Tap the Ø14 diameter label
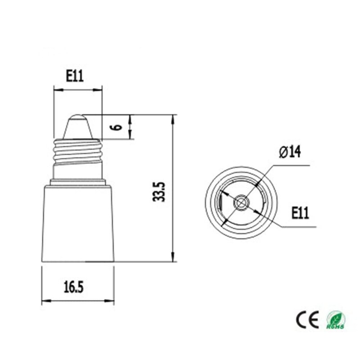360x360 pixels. [x=290, y=152]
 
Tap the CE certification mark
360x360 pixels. [x=307, y=319]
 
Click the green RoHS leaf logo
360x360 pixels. [x=336, y=319]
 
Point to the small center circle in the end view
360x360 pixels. [x=241, y=203]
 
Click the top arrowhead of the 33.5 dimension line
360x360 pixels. [x=173, y=117]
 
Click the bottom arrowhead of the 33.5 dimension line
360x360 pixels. [x=173, y=258]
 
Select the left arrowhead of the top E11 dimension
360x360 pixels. [x=56, y=90]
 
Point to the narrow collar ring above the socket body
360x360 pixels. [x=78, y=182]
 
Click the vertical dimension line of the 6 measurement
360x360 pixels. [x=131, y=127]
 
